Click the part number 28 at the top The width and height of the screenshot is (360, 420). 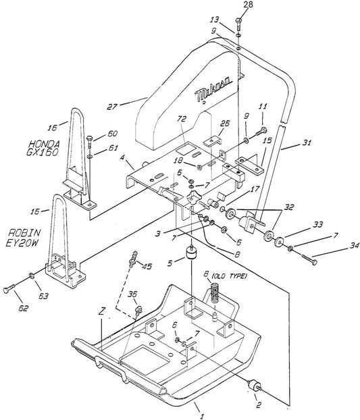coord(248,5)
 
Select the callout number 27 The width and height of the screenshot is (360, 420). coord(112,107)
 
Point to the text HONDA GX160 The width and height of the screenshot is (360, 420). coord(44,148)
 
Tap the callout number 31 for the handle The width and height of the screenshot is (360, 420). coord(307,142)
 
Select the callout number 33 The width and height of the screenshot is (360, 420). coord(317,224)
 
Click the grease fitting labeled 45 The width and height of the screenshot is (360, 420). coord(133,259)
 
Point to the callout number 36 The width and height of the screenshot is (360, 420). coord(132,294)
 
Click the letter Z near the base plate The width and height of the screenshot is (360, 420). coord(101,311)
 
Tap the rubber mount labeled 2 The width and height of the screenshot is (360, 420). coord(253,386)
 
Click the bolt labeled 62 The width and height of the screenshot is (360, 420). coord(9,289)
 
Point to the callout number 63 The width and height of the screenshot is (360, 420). coord(43,296)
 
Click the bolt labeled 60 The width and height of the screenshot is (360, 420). coord(90,142)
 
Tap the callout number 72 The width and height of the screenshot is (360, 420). coord(182,119)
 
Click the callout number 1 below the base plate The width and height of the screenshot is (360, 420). coord(203,416)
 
